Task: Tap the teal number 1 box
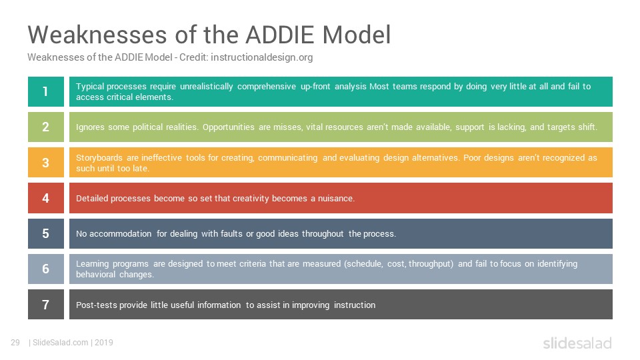(46, 91)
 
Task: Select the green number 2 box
(46, 127)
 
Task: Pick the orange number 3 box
(46, 163)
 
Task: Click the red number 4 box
(46, 198)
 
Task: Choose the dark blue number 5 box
(46, 233)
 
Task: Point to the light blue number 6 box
(46, 269)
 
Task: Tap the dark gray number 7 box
(46, 305)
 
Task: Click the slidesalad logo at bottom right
(577, 343)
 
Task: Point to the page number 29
(15, 343)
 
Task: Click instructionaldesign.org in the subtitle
(261, 57)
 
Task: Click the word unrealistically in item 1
(206, 87)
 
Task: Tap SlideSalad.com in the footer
(61, 343)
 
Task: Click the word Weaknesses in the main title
(97, 35)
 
